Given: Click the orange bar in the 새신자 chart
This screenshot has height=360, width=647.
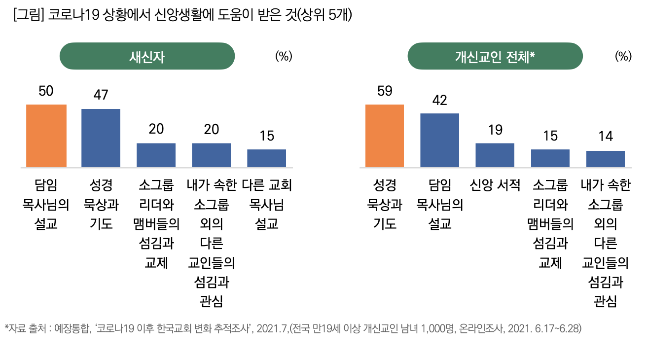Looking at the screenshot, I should coord(46,136).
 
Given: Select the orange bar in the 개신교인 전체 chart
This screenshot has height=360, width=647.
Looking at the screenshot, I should coord(385,136).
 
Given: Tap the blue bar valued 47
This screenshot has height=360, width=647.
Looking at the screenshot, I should coord(101,138).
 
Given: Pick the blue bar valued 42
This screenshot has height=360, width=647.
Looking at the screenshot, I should coord(439,140).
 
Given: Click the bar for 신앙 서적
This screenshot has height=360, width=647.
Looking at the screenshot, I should coord(495,155).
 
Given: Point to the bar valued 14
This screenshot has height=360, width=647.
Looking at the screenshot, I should coord(606,159).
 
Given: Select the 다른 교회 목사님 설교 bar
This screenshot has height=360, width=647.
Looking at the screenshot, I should coord(267,158).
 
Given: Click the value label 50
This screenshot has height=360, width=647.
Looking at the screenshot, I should coord(46,92).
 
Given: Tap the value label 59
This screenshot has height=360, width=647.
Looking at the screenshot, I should coord(384,92).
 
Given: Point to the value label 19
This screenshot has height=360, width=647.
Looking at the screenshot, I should coord(495,130).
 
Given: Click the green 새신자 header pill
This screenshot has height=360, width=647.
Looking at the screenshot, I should coord(147,56).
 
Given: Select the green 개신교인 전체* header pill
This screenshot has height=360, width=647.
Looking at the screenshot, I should coord(495,56).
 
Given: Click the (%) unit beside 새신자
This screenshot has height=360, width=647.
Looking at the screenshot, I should coord(284,56).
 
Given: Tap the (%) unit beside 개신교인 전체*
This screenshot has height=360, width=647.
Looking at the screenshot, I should coord(623,56).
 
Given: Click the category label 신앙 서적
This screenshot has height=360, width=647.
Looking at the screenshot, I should coord(495,185).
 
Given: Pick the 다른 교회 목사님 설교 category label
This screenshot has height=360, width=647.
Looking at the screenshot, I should coord(267,204).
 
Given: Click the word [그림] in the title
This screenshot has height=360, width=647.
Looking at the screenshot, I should coord(30,15).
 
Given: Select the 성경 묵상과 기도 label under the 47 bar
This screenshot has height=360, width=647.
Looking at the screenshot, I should coord(101,204).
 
